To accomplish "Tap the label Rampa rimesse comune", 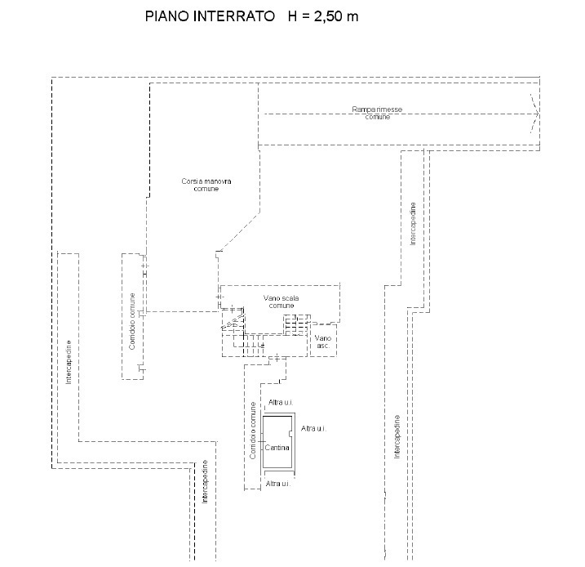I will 377,113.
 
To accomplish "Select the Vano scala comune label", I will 281,301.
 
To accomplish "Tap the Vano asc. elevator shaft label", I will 323,342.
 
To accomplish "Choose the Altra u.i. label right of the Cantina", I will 314,428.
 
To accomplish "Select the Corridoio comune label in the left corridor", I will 131,322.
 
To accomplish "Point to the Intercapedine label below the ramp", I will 414,222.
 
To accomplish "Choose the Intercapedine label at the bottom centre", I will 206,482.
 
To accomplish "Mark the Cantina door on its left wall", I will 262,442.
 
